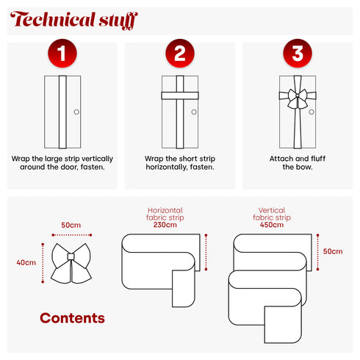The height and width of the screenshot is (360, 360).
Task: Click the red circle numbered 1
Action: [62, 53]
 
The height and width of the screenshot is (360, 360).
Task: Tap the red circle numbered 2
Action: [180, 53]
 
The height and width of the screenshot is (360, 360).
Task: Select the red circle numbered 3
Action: [298, 53]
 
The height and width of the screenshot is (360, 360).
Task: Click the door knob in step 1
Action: [76, 112]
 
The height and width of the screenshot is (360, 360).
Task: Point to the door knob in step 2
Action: [194, 112]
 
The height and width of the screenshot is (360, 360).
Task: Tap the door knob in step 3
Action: [312, 112]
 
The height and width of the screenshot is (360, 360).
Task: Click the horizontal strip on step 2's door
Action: [180, 96]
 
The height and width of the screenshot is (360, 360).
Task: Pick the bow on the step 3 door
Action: [298, 98]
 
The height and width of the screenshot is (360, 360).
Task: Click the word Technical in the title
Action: [53, 19]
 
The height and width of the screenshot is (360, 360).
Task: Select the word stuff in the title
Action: [118, 21]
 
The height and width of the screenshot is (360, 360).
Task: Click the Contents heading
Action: [72, 318]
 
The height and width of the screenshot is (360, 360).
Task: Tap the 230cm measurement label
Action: [165, 225]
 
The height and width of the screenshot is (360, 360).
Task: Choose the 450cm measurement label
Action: [272, 225]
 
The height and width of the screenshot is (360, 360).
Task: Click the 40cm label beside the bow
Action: [26, 262]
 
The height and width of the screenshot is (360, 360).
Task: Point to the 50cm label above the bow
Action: [71, 225]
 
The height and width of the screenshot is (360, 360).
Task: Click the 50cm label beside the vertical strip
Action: [333, 251]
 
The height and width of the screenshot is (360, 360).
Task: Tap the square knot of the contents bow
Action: [71, 256]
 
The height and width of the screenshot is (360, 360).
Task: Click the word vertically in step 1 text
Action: [97, 159]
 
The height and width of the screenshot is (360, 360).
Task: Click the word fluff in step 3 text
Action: [318, 159]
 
